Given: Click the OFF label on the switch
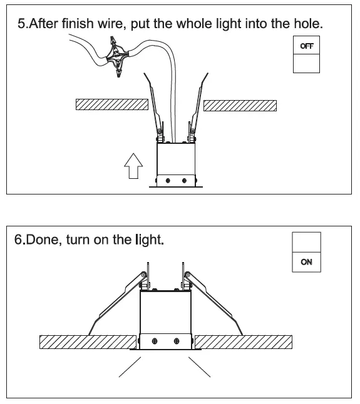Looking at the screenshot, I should click(306, 46).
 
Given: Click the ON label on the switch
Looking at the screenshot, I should click(306, 262).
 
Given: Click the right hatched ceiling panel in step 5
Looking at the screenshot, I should click(240, 104).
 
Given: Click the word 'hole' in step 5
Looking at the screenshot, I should click(307, 25).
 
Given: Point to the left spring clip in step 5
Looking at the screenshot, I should click(155, 106).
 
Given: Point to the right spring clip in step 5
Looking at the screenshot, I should click(198, 106).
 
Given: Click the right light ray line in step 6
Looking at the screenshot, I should click(199, 368).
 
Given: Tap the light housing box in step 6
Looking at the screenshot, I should click(165, 319).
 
